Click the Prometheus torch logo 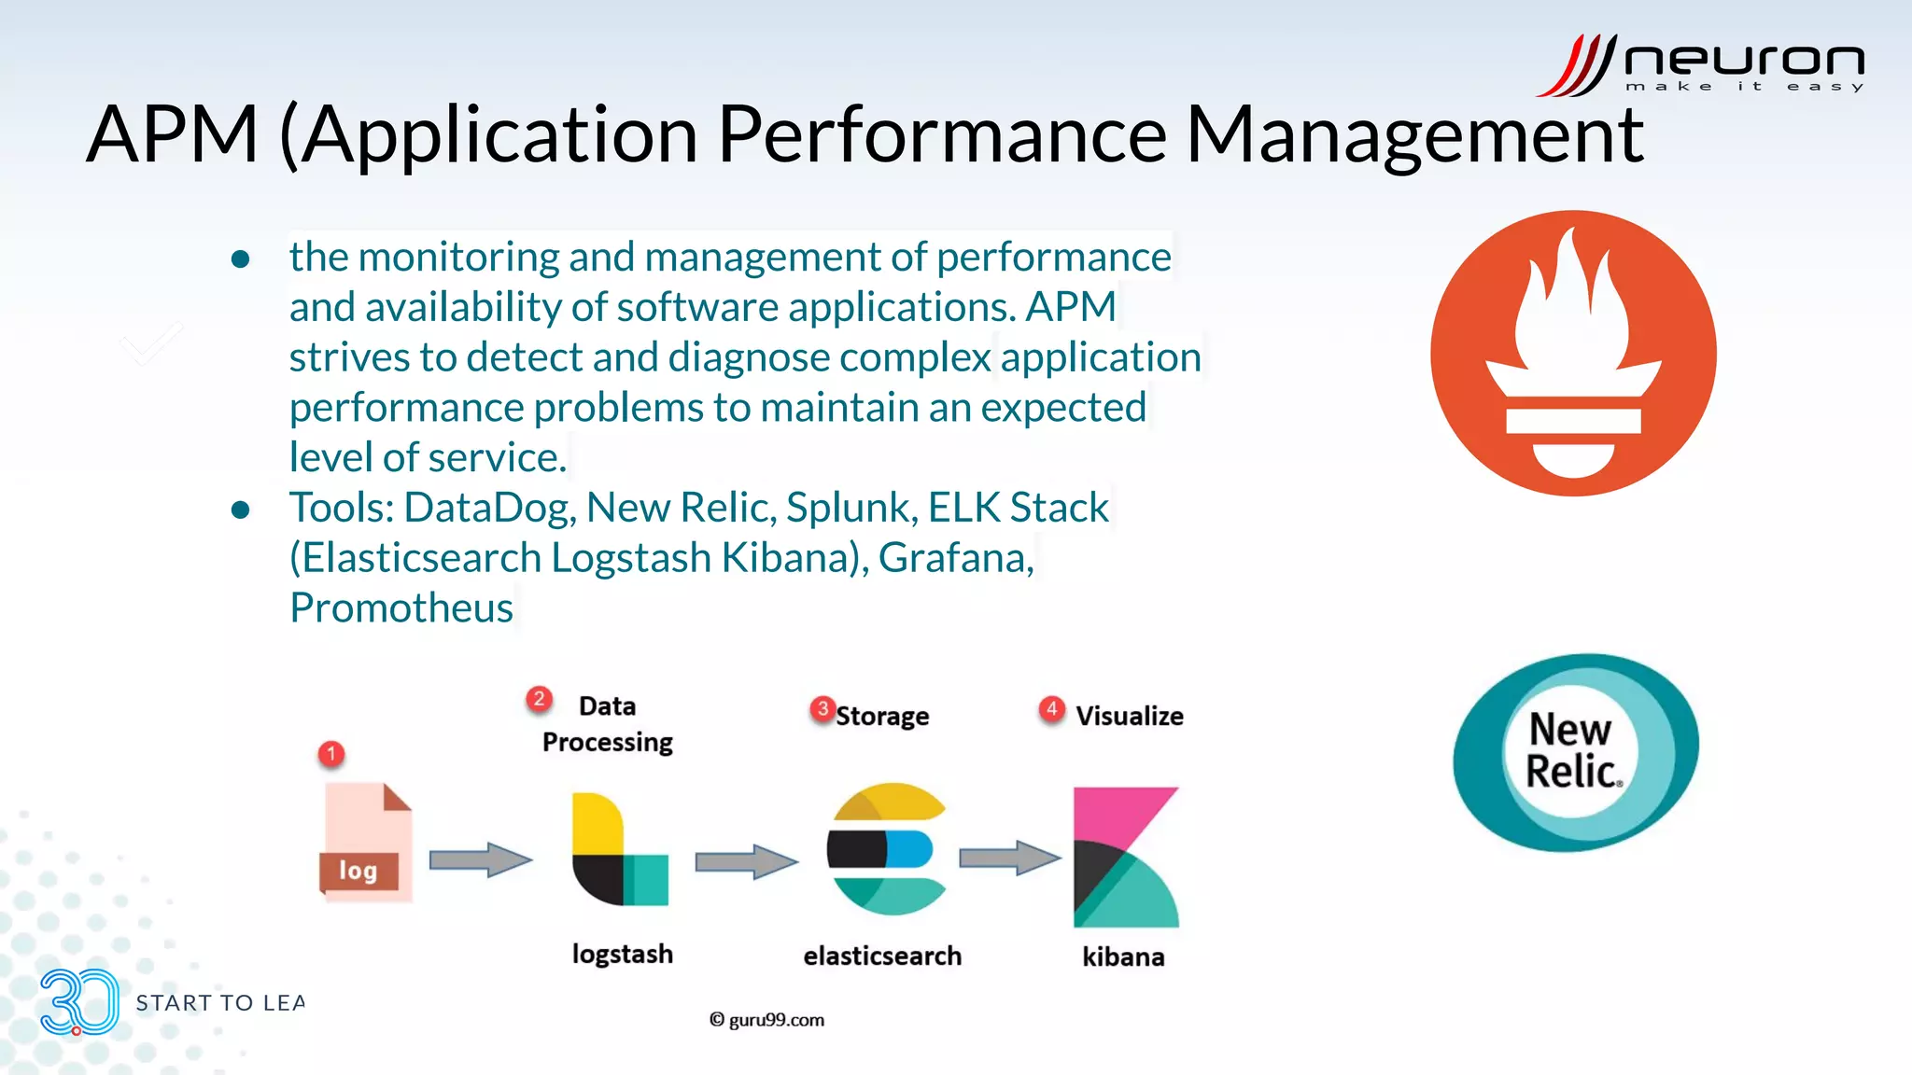[x=1573, y=353]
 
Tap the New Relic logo [x=1575, y=752]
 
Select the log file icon [x=365, y=842]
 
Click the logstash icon [x=620, y=849]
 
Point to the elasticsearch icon [x=886, y=849]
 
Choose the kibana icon [x=1126, y=857]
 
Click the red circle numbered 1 [x=331, y=753]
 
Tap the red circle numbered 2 [x=539, y=699]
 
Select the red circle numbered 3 [x=822, y=709]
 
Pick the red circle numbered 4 [x=1051, y=709]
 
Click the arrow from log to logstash [x=480, y=859]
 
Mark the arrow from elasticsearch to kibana [x=1010, y=858]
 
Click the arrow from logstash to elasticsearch [x=746, y=860]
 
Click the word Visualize [x=1129, y=716]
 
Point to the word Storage [x=882, y=716]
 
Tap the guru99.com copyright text [x=766, y=1020]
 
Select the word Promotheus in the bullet [x=401, y=607]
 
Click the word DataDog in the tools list [x=487, y=508]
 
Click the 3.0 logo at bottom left [x=79, y=1002]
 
